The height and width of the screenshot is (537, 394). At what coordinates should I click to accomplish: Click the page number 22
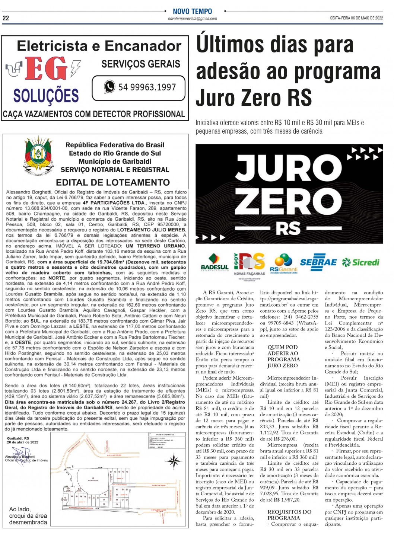click(x=6, y=18)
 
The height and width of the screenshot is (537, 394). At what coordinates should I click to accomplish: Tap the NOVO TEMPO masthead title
click(x=192, y=12)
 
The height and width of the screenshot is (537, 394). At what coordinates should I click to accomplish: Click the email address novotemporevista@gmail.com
click(x=192, y=19)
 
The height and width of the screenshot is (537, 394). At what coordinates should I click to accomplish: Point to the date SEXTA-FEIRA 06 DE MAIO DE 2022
click(x=356, y=18)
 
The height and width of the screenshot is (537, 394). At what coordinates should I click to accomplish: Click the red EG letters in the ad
click(x=46, y=69)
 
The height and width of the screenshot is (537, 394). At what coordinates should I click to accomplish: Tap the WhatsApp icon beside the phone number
click(x=109, y=87)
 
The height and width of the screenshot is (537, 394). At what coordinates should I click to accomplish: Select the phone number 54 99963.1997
click(x=147, y=87)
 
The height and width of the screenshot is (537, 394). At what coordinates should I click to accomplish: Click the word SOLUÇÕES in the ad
click(x=46, y=96)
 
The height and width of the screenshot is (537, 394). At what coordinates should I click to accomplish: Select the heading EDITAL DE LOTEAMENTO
click(x=113, y=182)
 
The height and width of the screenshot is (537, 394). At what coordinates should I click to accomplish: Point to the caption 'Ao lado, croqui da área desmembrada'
click(x=28, y=516)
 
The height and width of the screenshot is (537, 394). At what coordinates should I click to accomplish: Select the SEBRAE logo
click(x=318, y=262)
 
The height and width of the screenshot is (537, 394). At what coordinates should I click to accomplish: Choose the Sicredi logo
click(x=360, y=262)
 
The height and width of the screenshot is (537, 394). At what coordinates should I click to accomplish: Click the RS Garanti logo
click(x=283, y=263)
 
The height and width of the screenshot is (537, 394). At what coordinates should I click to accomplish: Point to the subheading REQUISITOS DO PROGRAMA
click(x=289, y=515)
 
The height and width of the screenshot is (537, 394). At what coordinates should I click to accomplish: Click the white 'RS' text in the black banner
click(x=289, y=228)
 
